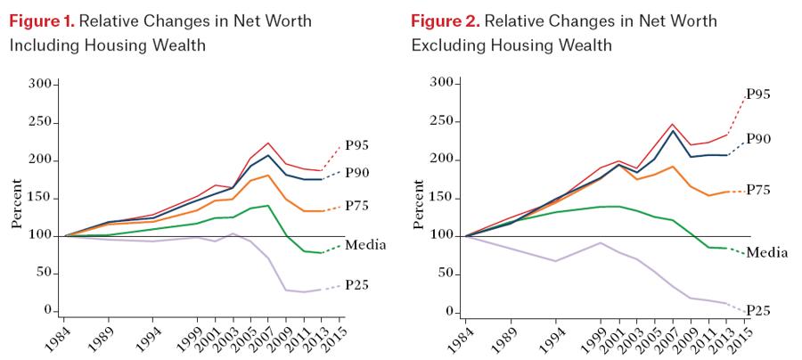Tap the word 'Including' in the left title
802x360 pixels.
coord(45,43)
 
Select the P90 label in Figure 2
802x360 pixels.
coord(758,138)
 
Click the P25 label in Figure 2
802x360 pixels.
coord(757,311)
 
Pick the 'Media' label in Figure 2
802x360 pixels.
coord(765,252)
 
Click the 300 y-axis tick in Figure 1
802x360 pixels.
coord(41,84)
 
